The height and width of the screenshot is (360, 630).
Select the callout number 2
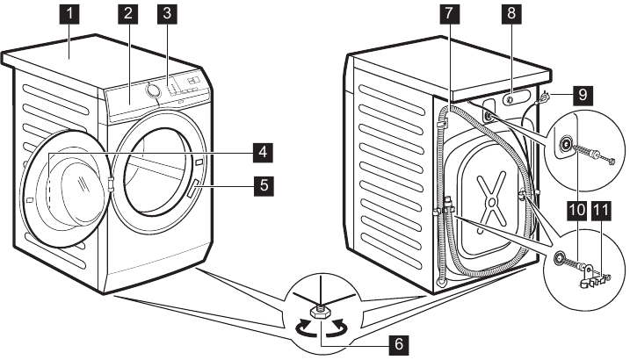click(129, 14)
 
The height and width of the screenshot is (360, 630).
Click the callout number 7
click(449, 14)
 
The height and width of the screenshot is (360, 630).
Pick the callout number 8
click(510, 14)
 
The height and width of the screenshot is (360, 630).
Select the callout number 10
click(576, 211)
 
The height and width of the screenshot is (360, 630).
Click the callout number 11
click(601, 211)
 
